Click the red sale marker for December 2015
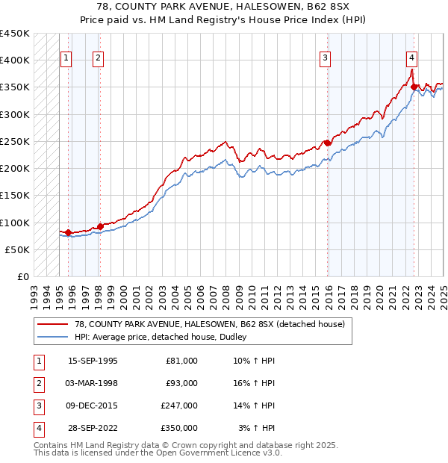[327, 143]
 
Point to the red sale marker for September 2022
[414, 87]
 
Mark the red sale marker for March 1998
[100, 226]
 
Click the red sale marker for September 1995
[68, 232]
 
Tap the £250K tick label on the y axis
[15, 141]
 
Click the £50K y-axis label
[18, 249]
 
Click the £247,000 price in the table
[179, 406]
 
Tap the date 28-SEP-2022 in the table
[93, 429]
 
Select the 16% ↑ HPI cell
[254, 384]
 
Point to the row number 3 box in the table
[37, 406]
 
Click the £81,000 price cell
[181, 361]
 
